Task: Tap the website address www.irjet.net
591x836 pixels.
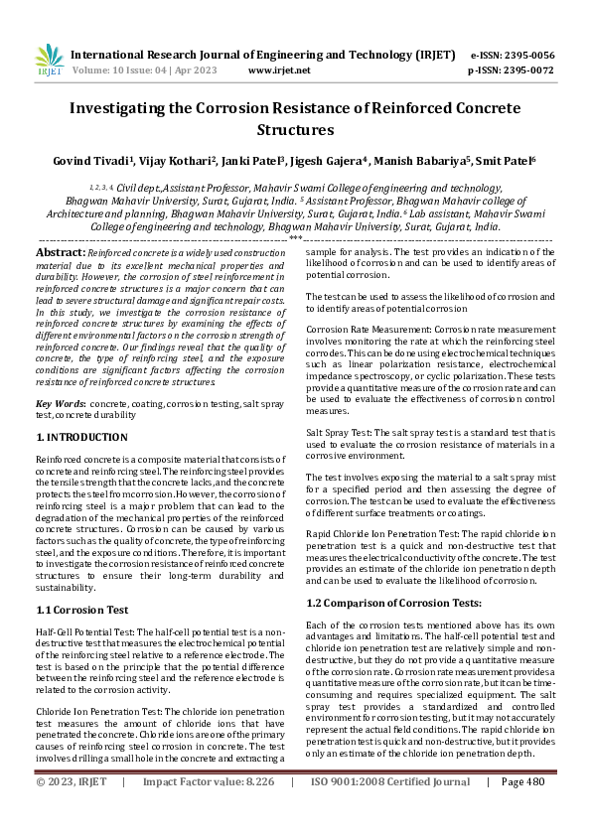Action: pyautogui.click(x=279, y=70)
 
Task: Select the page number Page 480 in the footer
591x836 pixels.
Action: pyautogui.click(x=523, y=810)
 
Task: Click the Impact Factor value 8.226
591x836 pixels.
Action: pyautogui.click(x=245, y=810)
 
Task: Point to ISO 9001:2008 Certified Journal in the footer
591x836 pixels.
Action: pyautogui.click(x=390, y=810)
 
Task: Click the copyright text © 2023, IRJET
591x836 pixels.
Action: pyautogui.click(x=71, y=810)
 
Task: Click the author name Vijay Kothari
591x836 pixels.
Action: pyautogui.click(x=163, y=160)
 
